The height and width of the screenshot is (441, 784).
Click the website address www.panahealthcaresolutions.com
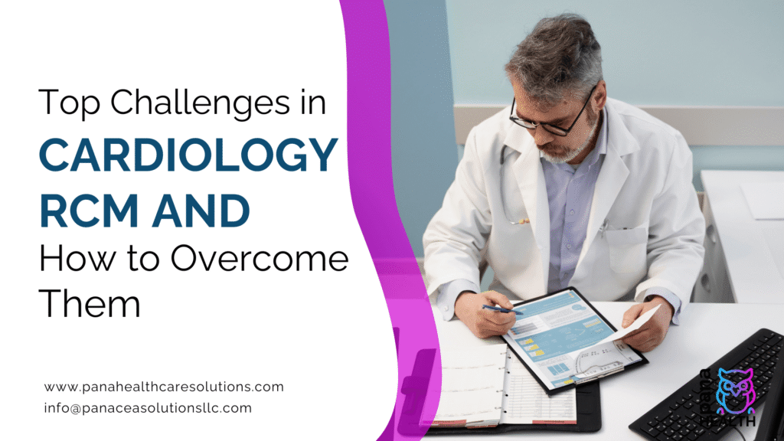pyautogui.click(x=164, y=387)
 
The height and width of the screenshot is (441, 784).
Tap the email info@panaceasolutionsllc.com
pyautogui.click(x=148, y=408)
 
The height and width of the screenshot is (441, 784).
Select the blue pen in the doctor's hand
pyautogui.click(x=501, y=309)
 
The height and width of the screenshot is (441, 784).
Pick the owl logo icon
pyautogui.click(x=734, y=390)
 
